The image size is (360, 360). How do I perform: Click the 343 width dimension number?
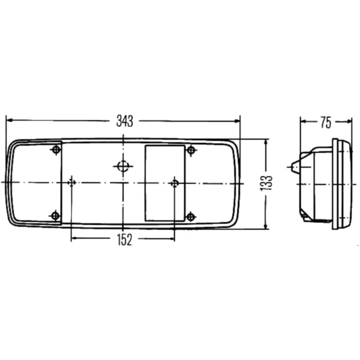coord(125,121)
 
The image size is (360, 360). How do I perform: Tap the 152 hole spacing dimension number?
coord(125,240)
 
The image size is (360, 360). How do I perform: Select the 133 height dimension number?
coord(266,183)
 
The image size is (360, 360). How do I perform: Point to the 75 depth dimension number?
coord(326,122)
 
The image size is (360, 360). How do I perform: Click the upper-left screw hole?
coord(56,150)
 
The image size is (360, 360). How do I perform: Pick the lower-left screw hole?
coord(55,216)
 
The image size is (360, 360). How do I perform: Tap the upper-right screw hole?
coord(191,150)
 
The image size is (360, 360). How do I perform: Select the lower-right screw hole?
coord(190,217)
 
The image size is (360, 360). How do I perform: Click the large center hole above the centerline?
coord(123,166)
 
